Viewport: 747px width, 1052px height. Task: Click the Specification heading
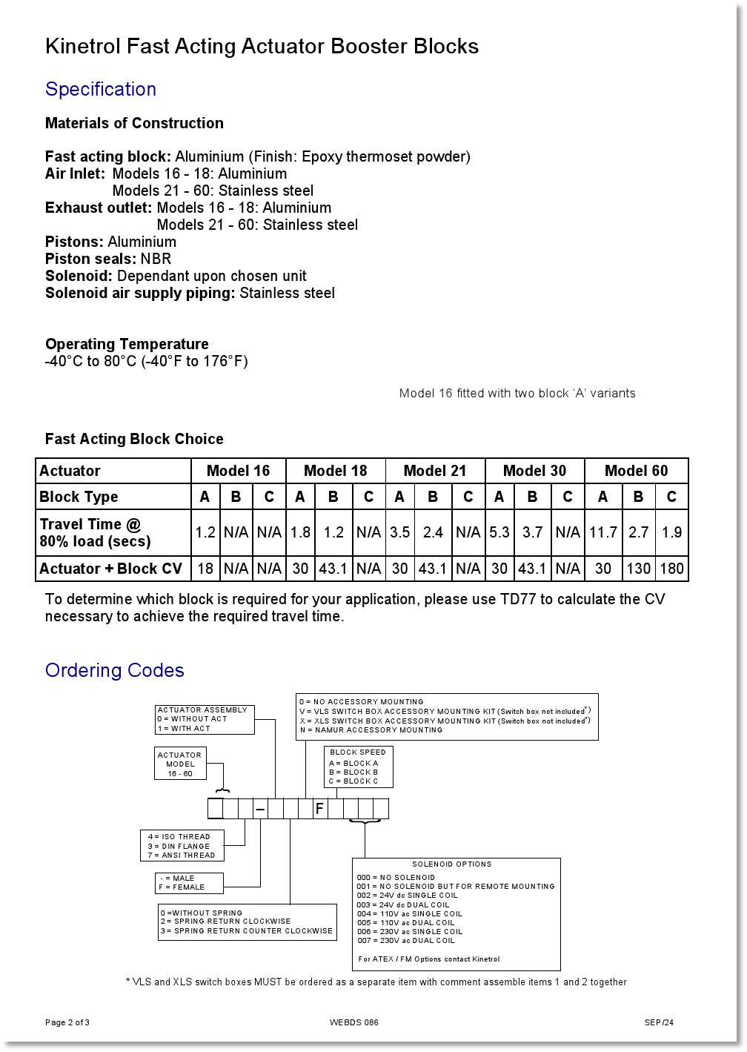(101, 89)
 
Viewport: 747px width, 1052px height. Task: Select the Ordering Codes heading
(115, 670)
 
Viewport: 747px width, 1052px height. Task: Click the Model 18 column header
(335, 471)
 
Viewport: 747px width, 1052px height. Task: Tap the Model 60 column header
(636, 471)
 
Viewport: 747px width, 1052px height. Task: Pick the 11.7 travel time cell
(603, 532)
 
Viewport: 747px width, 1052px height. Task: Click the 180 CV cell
(671, 569)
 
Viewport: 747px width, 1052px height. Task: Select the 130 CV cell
(638, 569)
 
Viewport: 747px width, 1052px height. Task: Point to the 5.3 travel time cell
(499, 532)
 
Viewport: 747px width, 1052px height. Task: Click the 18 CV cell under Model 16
(205, 569)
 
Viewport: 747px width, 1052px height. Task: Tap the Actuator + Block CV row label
(110, 569)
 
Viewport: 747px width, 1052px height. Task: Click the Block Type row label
(79, 497)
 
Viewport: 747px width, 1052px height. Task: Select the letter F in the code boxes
(319, 809)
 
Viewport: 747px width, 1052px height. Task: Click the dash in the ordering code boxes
(260, 809)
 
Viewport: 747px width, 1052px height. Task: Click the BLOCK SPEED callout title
(358, 752)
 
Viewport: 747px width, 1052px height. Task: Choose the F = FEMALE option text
(182, 887)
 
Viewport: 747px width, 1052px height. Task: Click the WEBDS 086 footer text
(354, 1023)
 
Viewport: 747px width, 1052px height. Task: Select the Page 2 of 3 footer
(67, 1023)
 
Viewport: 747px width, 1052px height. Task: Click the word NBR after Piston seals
(156, 259)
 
